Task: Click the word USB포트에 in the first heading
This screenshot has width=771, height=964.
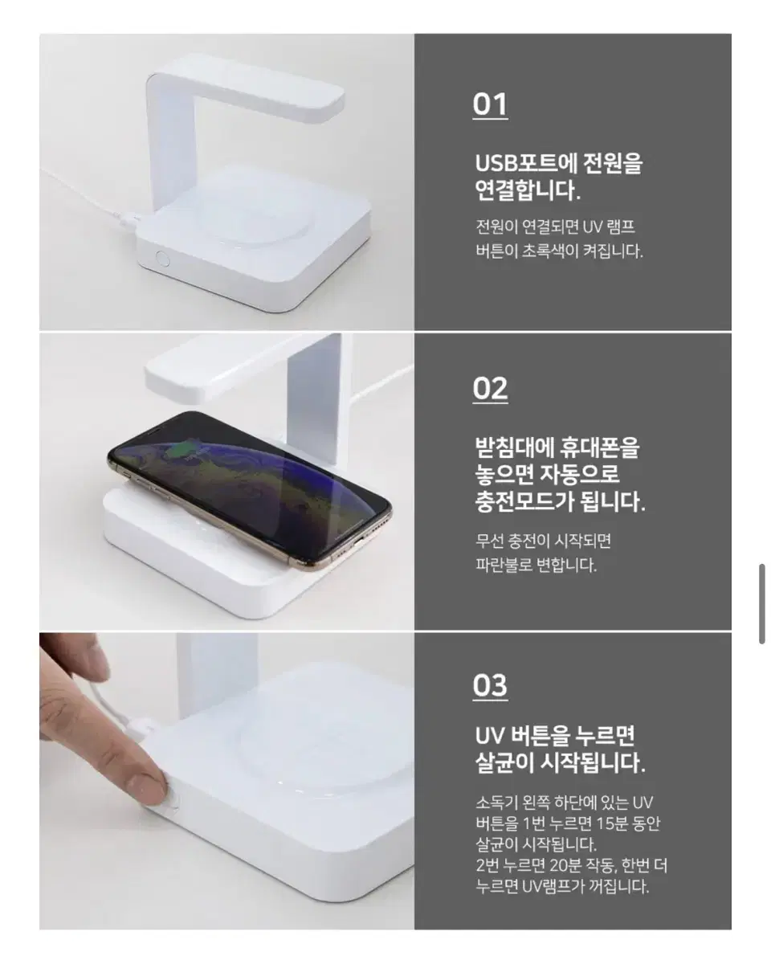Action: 523,164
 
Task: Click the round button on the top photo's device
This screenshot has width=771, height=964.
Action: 161,259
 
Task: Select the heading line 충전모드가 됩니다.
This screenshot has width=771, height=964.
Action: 559,503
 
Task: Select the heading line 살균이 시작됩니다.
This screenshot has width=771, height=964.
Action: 559,762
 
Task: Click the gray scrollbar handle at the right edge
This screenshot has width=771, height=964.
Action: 761,603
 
